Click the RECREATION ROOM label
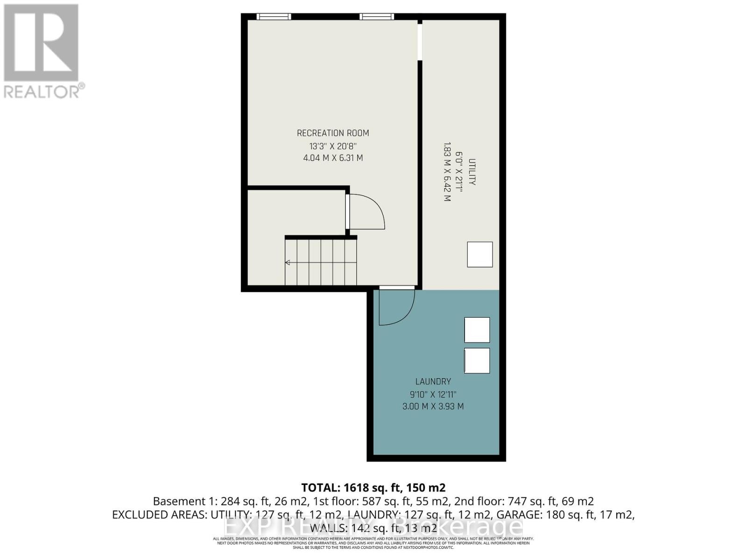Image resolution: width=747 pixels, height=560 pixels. [333, 133]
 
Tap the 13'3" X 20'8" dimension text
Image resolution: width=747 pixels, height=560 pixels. [333, 146]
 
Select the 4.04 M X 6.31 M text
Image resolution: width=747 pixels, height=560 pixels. [333, 158]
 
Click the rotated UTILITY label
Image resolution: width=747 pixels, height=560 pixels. [472, 172]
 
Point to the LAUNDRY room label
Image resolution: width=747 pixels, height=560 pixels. [433, 381]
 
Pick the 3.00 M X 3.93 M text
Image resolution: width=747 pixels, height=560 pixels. [433, 406]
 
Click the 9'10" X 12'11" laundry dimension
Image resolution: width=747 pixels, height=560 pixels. [433, 394]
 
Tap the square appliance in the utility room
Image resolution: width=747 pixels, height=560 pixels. [480, 254]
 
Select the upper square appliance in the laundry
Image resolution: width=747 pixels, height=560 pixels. [477, 329]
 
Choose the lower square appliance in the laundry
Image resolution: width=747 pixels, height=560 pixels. [477, 360]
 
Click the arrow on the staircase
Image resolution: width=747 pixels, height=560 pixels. [288, 263]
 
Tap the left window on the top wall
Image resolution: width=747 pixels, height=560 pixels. [274, 17]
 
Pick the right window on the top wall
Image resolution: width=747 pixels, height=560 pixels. [376, 17]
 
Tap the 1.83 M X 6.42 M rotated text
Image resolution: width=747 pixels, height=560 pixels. [447, 171]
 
